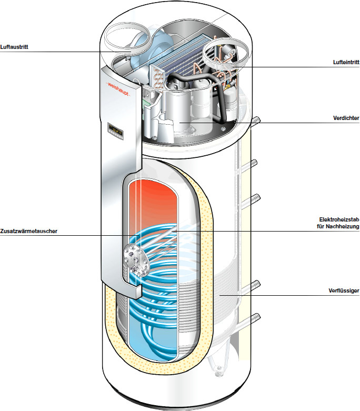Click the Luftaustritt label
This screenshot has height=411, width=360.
click(x=14, y=46)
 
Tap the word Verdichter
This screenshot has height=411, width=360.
click(x=346, y=118)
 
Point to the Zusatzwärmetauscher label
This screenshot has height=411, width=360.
click(x=28, y=231)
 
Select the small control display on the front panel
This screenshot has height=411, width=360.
click(x=115, y=128)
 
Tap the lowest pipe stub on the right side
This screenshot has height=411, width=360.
click(x=255, y=317)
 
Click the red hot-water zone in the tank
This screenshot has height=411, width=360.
click(x=158, y=197)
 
